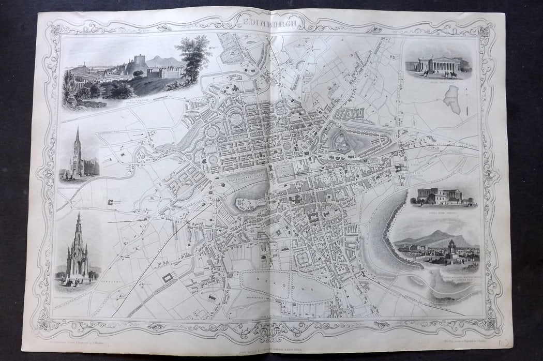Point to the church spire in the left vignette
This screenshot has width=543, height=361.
(x=77, y=140)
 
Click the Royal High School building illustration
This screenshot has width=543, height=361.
(x=438, y=196)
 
